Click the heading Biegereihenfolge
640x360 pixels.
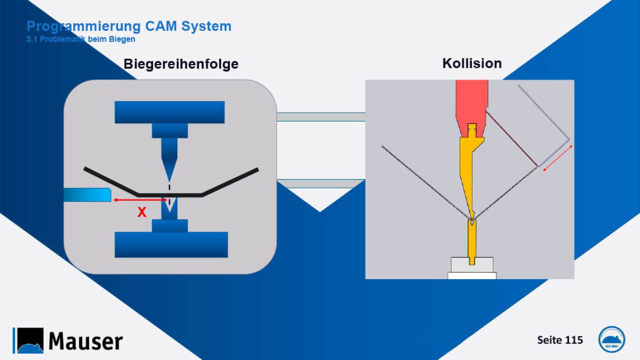(x=181, y=64)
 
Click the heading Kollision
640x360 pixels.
(x=472, y=63)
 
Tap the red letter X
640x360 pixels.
(x=142, y=212)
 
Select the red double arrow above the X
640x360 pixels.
(x=140, y=200)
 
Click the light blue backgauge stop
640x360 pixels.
(x=88, y=195)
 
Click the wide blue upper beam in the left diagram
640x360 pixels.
(x=169, y=112)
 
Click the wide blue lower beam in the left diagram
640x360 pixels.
(x=171, y=244)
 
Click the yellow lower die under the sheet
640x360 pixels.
(x=472, y=242)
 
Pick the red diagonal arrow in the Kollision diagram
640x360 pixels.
(x=558, y=158)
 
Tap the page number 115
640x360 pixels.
(x=574, y=340)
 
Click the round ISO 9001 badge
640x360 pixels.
(x=611, y=339)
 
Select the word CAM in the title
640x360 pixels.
(x=161, y=26)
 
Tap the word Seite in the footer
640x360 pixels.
(x=549, y=340)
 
